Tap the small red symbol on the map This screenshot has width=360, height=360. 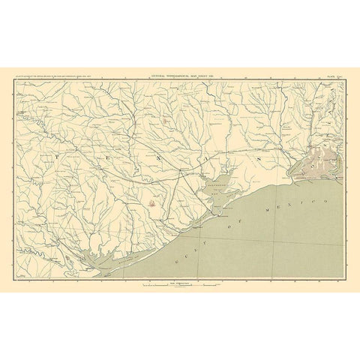(x=152, y=202)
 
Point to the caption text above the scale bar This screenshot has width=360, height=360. (x=173, y=280)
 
